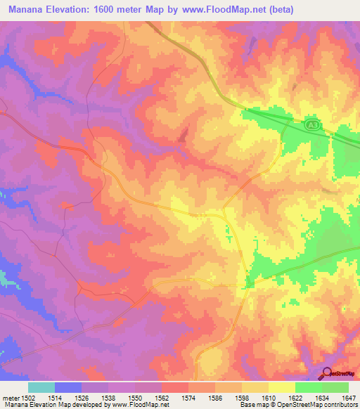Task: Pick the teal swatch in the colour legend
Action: click(41, 387)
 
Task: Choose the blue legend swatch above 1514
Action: click(68, 387)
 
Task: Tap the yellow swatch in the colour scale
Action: click(282, 387)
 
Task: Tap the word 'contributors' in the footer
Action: click(341, 405)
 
